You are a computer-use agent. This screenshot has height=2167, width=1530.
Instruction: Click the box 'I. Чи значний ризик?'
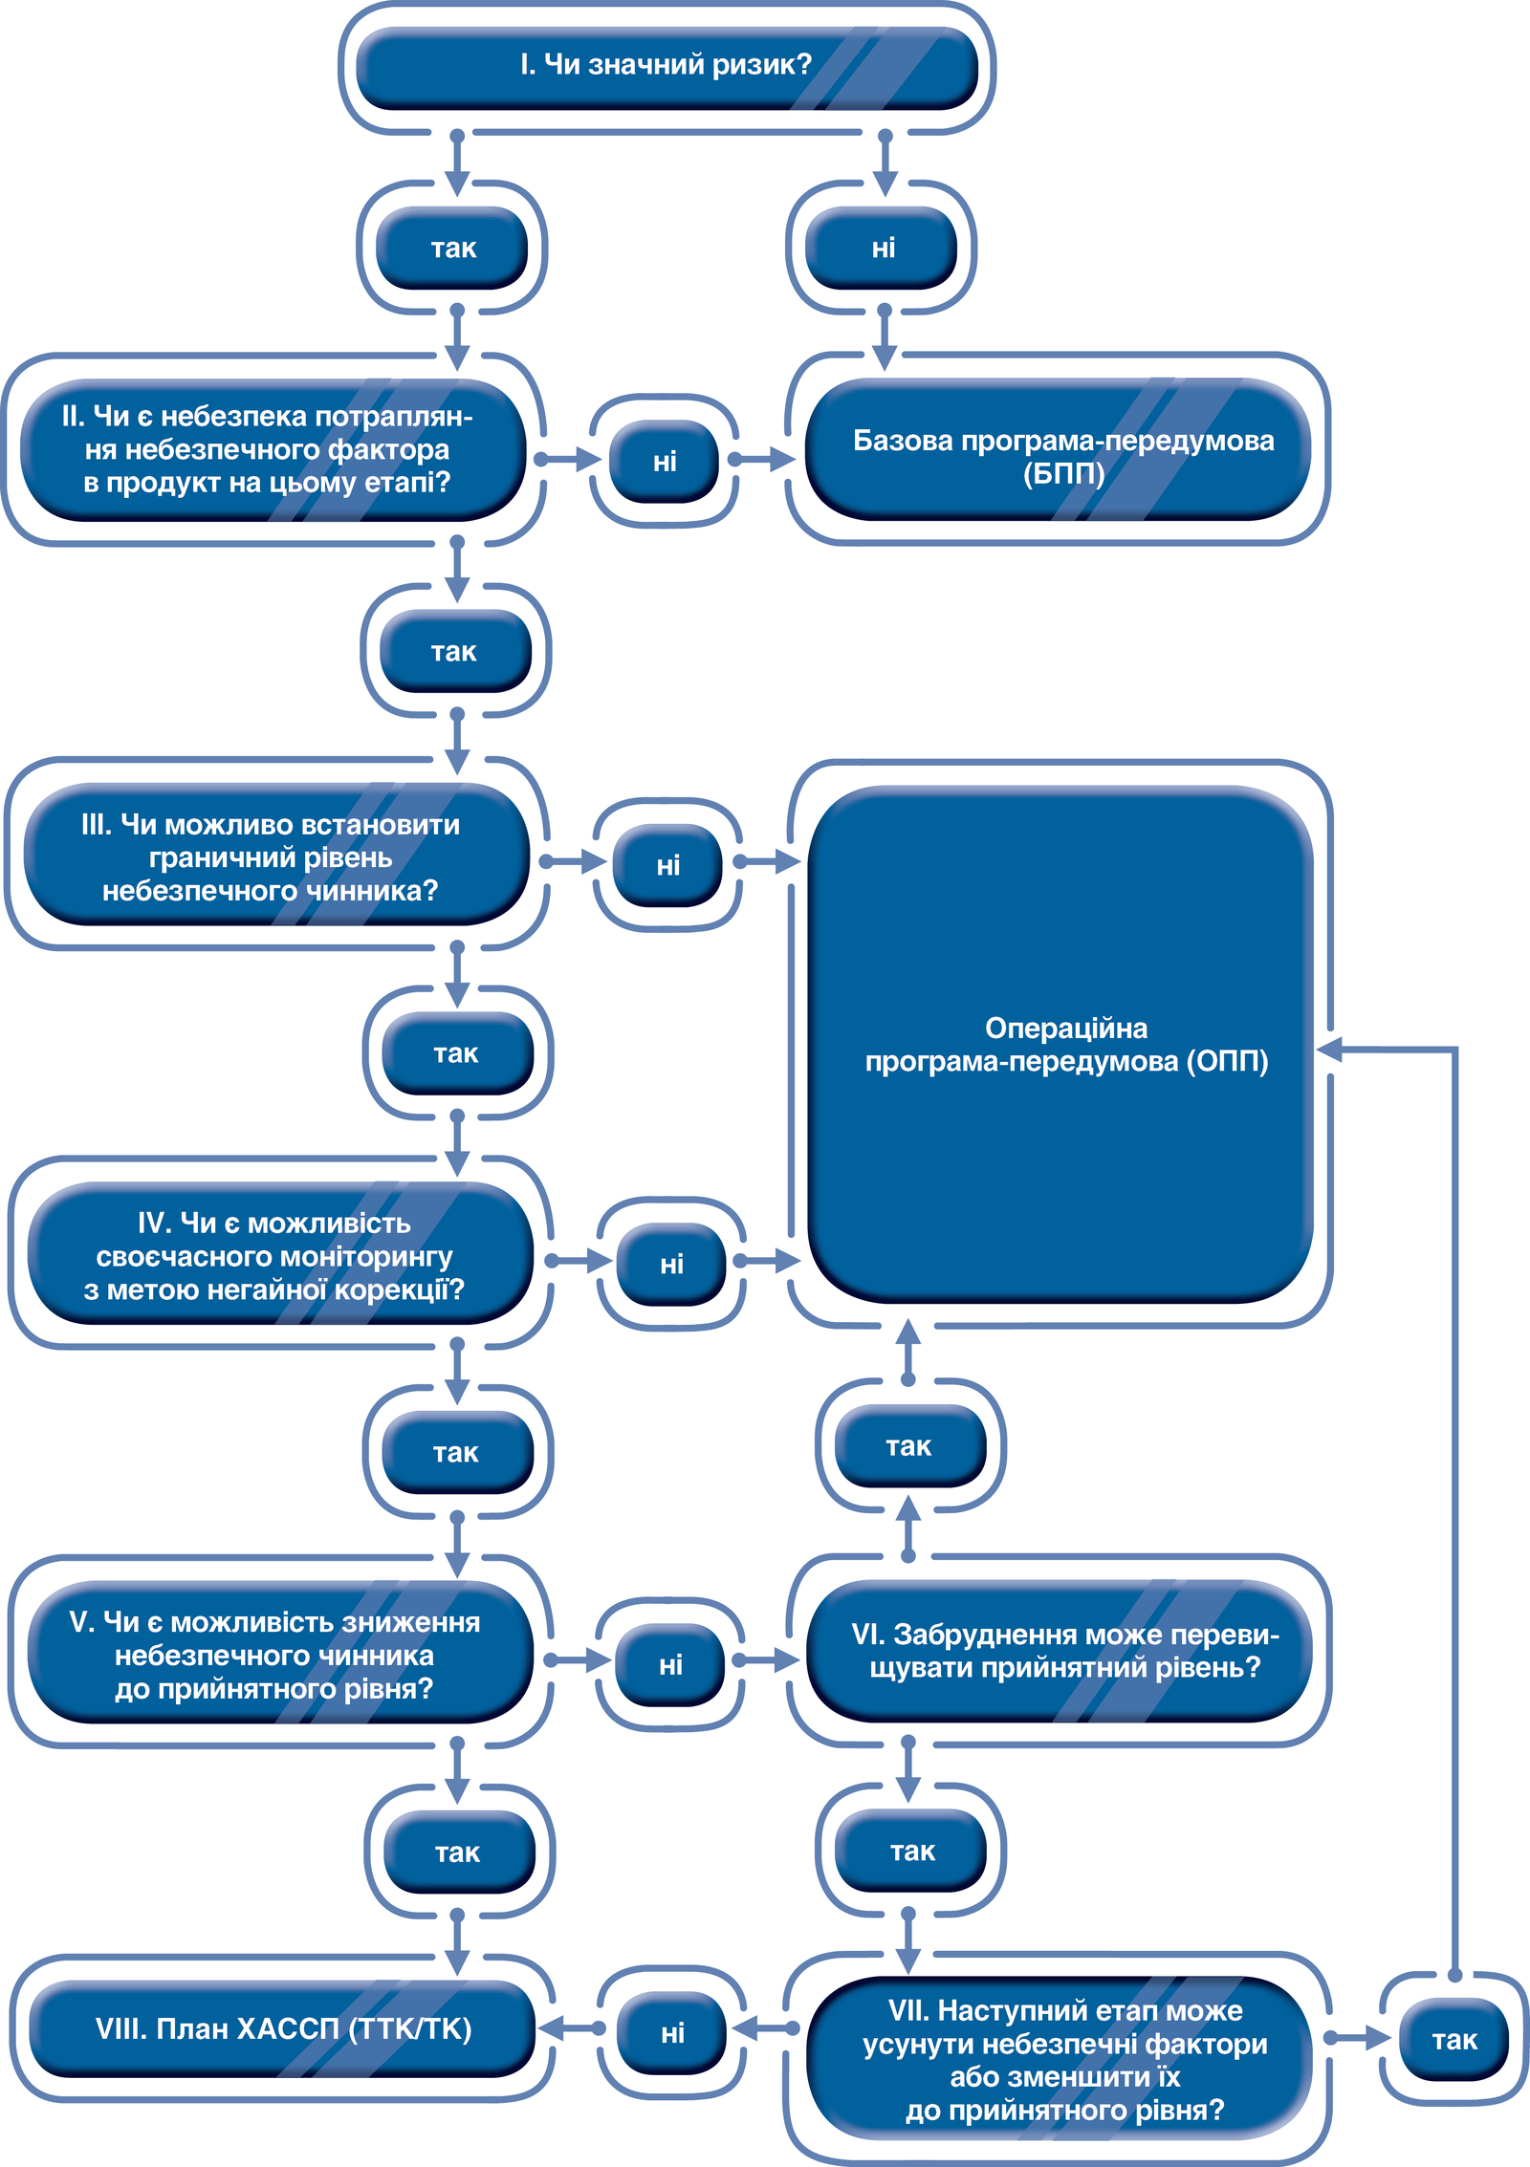[667, 67]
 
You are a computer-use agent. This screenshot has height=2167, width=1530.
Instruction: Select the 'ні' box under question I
[882, 248]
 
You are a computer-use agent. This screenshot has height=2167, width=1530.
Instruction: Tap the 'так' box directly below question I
[452, 248]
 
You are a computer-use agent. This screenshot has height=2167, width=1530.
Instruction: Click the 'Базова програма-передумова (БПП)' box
[1059, 449]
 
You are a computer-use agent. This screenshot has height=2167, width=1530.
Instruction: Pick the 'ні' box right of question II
[665, 462]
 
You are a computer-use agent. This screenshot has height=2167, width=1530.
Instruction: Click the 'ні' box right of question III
[667, 865]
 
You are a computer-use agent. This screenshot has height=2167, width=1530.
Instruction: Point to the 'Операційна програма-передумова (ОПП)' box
[1060, 1044]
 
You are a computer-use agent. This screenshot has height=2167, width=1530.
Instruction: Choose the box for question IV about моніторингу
[280, 1253]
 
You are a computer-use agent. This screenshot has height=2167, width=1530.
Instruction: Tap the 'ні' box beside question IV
[671, 1264]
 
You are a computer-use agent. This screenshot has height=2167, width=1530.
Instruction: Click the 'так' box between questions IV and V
[457, 1453]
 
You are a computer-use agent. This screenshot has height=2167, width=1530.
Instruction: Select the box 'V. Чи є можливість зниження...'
[280, 1653]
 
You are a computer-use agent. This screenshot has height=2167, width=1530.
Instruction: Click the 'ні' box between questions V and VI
[670, 1664]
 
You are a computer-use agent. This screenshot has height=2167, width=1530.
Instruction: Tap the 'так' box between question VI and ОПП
[909, 1446]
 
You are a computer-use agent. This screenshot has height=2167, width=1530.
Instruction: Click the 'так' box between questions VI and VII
[910, 1851]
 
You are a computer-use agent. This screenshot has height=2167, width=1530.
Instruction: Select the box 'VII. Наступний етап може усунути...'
[1060, 2058]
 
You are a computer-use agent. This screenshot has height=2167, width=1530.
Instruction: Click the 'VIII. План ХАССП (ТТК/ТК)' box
[282, 2028]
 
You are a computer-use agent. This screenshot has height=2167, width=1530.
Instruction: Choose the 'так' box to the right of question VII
[1453, 2040]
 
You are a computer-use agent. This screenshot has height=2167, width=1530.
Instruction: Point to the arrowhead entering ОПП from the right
[1331, 1050]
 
